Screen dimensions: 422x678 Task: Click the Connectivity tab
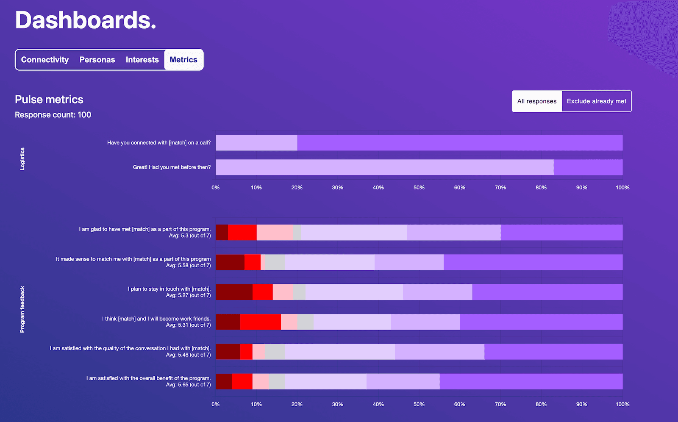point(45,60)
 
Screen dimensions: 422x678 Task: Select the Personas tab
point(97,60)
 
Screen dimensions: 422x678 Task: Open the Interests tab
point(142,60)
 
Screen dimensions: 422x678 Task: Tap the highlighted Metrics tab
point(183,60)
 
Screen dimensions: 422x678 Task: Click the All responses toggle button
point(536,101)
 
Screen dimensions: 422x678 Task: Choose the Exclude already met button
point(596,101)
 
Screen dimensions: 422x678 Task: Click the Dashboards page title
point(86,20)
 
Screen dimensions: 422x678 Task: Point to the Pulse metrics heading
point(49,100)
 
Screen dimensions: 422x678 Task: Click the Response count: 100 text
point(53,115)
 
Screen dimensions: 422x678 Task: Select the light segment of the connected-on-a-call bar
point(256,143)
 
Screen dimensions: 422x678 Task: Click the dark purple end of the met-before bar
point(588,167)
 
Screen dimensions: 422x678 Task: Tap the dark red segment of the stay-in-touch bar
point(234,292)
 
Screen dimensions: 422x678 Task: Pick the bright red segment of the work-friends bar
point(260,322)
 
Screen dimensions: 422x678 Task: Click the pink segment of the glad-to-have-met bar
point(275,233)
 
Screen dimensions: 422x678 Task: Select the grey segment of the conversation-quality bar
point(275,352)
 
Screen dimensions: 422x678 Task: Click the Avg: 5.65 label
point(188,385)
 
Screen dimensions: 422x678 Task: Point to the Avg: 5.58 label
point(188,266)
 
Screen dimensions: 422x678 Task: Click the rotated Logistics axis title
point(22,159)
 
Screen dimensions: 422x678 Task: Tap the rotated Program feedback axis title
point(22,309)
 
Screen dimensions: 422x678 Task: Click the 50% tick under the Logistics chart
point(419,188)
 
